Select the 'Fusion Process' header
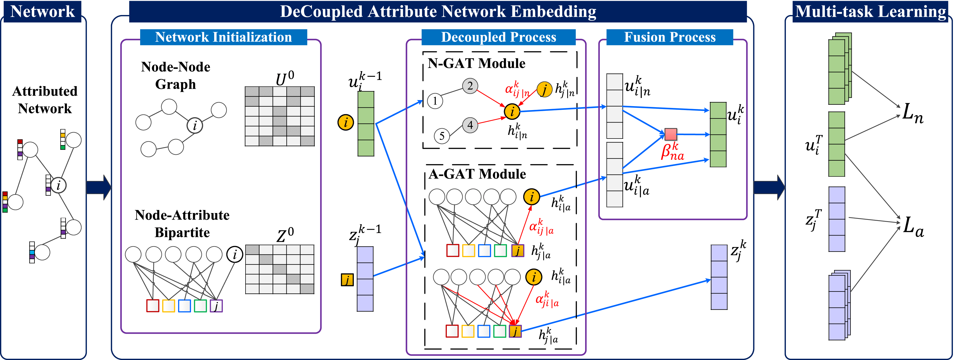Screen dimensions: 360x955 [669, 37]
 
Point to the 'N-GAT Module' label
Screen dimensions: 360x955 [476, 63]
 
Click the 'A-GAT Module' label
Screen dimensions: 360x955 [477, 174]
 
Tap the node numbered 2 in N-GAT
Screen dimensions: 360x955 [470, 86]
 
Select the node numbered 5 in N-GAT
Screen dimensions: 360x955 [442, 136]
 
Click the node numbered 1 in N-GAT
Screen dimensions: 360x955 [435, 101]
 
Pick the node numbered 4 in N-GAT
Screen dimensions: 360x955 [470, 125]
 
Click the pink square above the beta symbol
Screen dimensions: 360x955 [671, 134]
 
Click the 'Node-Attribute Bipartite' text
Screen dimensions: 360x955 [182, 224]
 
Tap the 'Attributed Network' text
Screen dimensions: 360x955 [45, 100]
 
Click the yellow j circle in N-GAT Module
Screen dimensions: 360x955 [545, 89]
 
